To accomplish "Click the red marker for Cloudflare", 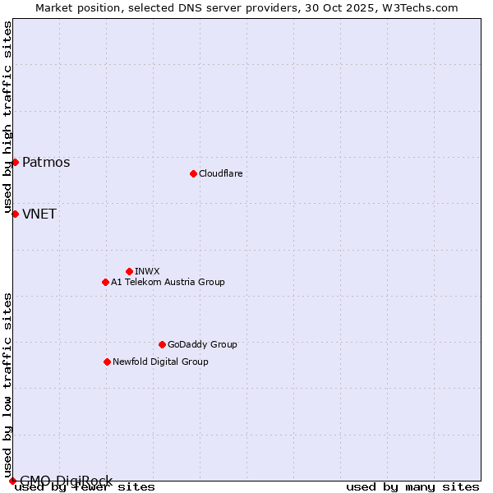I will pyautogui.click(x=193, y=173).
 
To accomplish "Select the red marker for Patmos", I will pyautogui.click(x=15, y=162).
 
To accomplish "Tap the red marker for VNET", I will pyautogui.click(x=15, y=214).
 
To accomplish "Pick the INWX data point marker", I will pyautogui.click(x=129, y=271).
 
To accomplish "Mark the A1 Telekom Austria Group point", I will pyautogui.click(x=105, y=282).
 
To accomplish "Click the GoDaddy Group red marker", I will pyautogui.click(x=162, y=344).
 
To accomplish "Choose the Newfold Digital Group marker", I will pyautogui.click(x=107, y=362).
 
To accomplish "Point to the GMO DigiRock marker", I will pyautogui.click(x=12, y=481).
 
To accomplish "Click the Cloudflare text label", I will pyautogui.click(x=221, y=173).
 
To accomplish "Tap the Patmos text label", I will pyautogui.click(x=46, y=162).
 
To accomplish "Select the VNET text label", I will pyautogui.click(x=39, y=214).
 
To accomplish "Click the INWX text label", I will pyautogui.click(x=147, y=271).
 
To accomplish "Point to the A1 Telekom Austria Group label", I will pyautogui.click(x=168, y=282).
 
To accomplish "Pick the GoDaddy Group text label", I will pyautogui.click(x=202, y=344).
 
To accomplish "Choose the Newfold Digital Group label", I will pyautogui.click(x=160, y=362).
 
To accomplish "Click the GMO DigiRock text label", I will pyautogui.click(x=66, y=481).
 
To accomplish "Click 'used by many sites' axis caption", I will pyautogui.click(x=412, y=486).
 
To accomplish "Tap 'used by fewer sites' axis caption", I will pyautogui.click(x=85, y=486).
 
